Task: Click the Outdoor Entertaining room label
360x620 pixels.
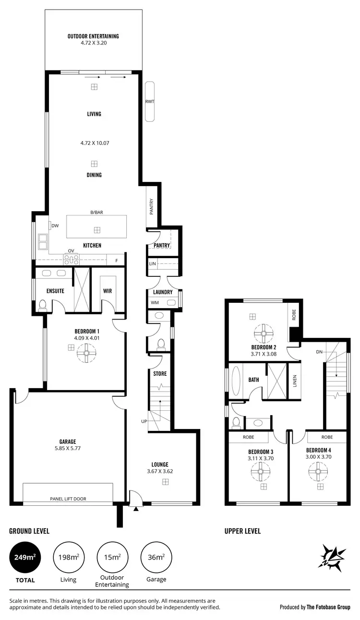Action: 93,36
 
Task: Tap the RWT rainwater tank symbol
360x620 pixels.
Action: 150,101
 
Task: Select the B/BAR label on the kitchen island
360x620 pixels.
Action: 96,212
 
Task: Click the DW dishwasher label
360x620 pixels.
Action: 55,226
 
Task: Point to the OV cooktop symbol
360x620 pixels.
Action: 71,259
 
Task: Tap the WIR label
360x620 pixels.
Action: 108,291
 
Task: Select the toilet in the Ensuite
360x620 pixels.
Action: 42,305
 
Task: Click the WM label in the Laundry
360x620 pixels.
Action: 154,303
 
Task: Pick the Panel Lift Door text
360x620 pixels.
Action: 68,499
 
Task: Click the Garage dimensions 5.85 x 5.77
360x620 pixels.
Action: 68,448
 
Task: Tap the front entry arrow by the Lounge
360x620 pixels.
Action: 136,508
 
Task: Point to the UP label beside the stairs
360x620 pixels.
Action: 144,421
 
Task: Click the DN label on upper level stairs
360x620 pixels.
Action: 319,352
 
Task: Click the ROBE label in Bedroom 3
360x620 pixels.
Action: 248,437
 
